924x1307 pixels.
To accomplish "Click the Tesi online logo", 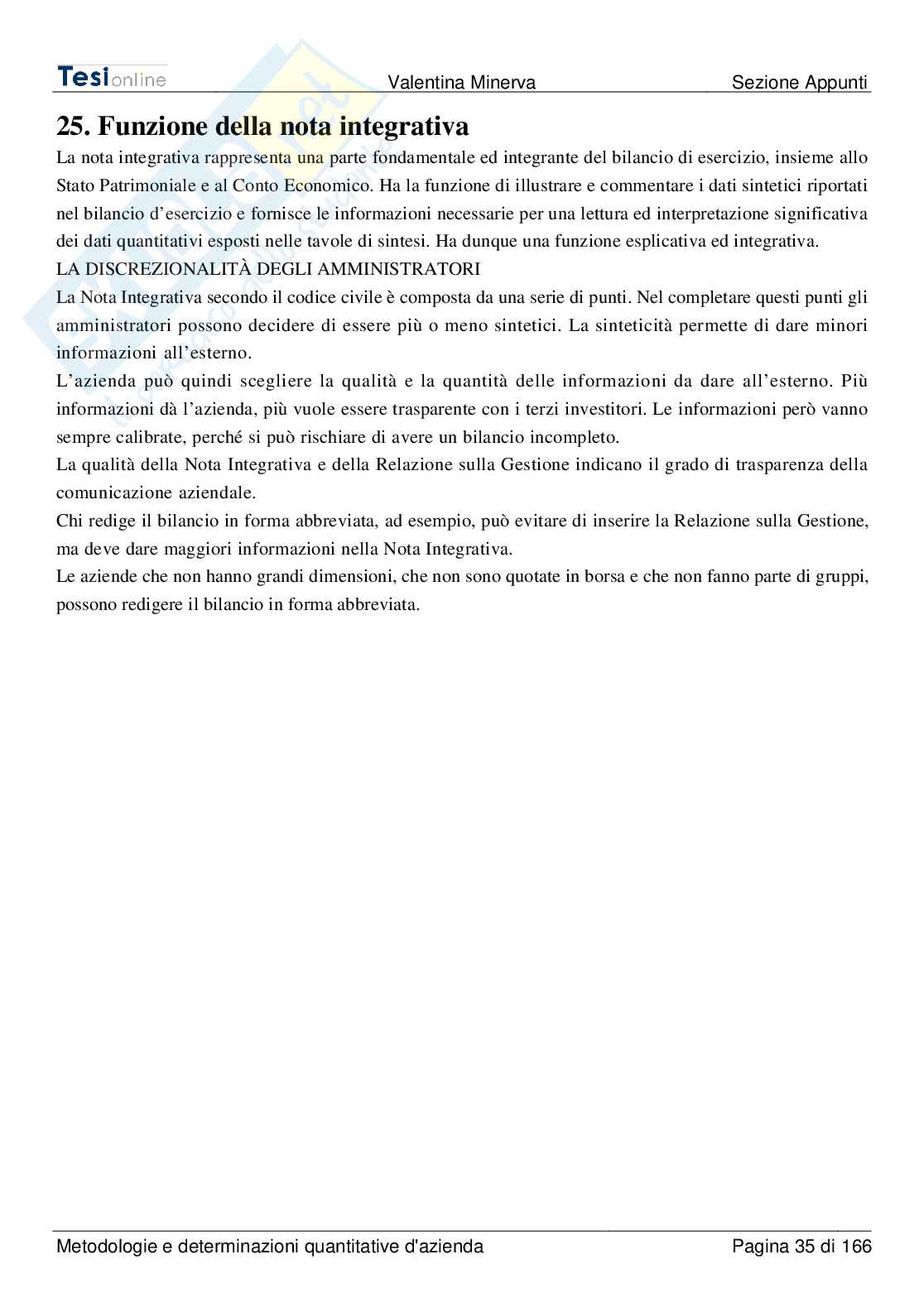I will tap(112, 77).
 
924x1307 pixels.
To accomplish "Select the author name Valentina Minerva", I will tap(462, 83).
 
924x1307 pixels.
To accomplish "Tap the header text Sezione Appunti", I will tap(800, 83).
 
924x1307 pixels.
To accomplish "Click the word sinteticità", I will tap(628, 325).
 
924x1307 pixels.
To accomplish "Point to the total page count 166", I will tap(857, 1247).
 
